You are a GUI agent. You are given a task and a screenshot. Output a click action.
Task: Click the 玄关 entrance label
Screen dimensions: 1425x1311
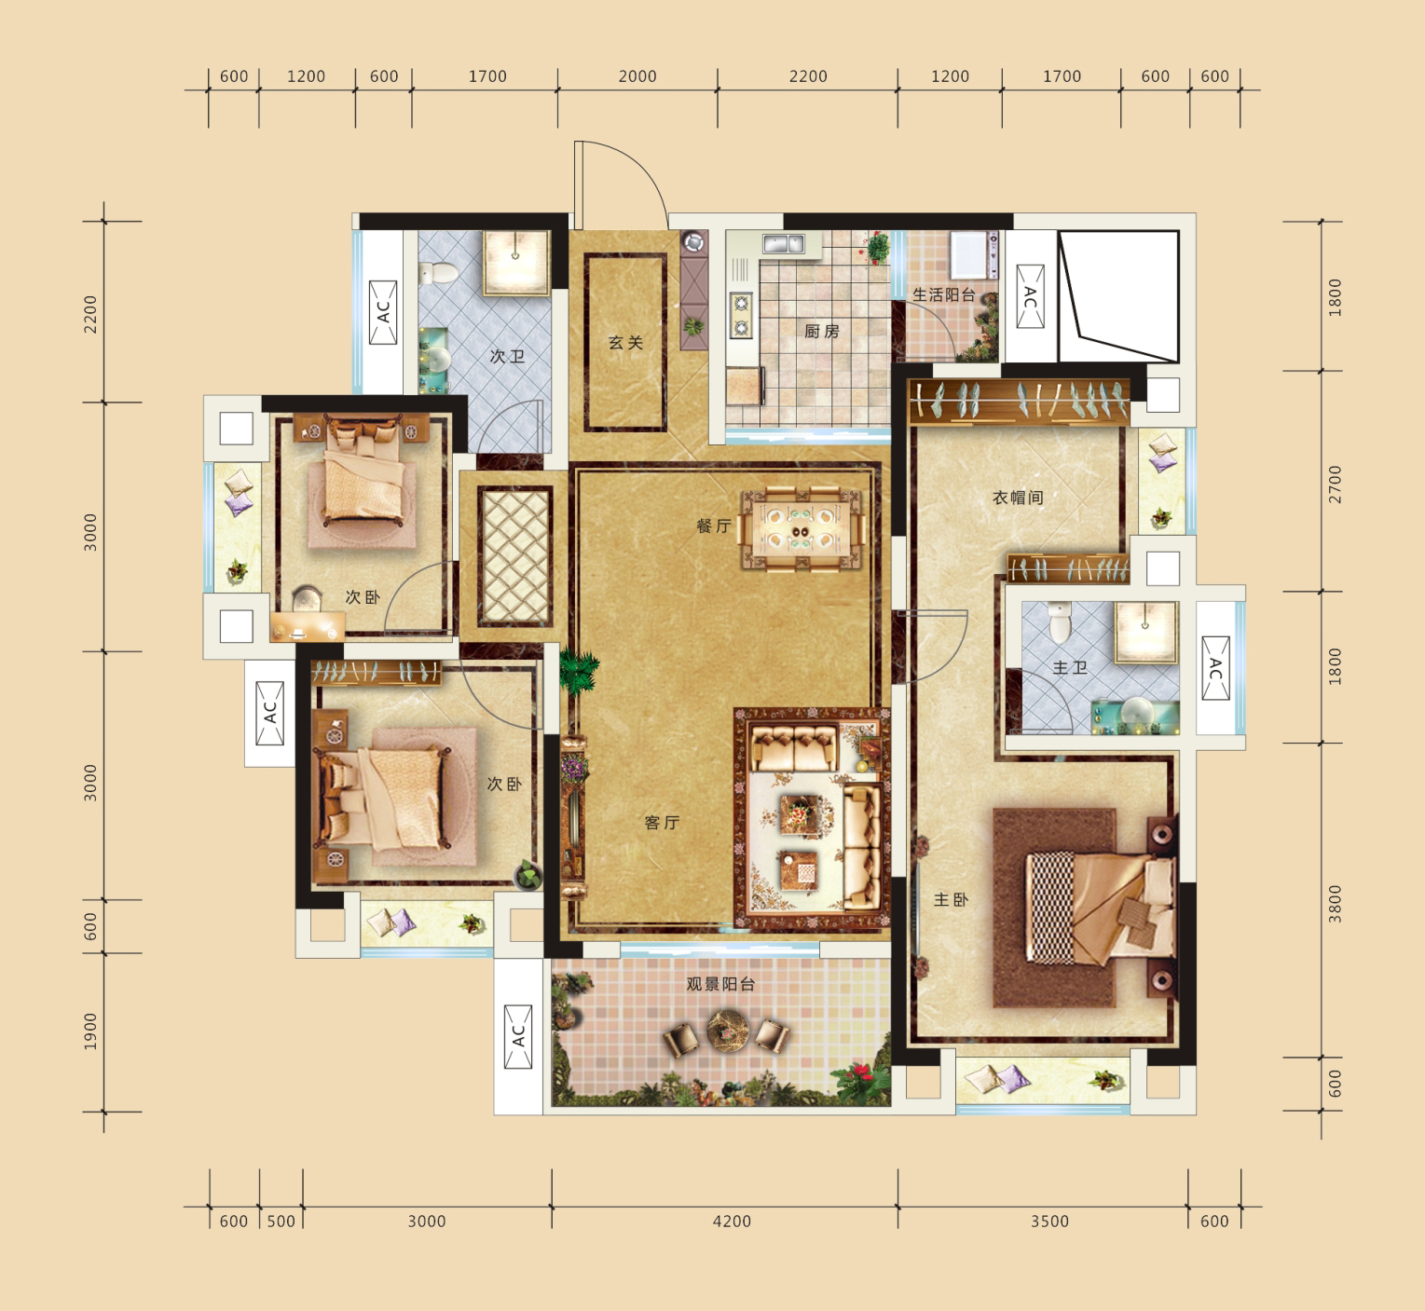point(626,343)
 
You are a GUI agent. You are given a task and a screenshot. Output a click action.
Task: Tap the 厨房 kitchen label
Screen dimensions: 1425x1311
point(822,332)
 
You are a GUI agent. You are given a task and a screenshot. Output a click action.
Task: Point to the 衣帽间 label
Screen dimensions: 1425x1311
point(1018,498)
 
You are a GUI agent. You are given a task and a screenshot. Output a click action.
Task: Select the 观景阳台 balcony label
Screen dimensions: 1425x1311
point(720,984)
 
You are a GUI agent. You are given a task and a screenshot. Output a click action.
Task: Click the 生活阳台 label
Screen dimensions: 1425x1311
point(943,294)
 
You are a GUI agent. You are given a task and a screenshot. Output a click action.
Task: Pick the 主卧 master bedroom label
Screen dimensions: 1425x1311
point(951,900)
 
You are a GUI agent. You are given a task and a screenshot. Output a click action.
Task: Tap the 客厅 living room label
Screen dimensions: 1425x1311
point(662,823)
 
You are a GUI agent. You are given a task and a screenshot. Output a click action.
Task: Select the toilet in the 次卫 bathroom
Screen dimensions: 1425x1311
point(437,273)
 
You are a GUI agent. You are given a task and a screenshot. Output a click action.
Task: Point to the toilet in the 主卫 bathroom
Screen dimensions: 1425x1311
point(1059,622)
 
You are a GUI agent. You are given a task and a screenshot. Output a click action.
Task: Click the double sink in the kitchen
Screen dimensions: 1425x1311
point(784,244)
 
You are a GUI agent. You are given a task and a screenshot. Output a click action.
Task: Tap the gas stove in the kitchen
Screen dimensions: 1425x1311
point(741,315)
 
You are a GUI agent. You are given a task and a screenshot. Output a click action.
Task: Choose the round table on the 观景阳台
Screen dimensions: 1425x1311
point(728,1030)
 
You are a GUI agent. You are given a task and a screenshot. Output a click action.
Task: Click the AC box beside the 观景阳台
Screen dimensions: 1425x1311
point(518,1037)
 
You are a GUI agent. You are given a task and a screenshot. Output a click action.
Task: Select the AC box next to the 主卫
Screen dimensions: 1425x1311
point(1215,668)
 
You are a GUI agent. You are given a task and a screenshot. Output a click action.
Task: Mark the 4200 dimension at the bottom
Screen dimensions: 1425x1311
point(732,1222)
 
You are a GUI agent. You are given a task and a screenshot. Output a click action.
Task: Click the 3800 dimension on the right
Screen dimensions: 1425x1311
point(1336,904)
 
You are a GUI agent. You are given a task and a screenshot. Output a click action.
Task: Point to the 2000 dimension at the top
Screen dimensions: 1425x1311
point(637,76)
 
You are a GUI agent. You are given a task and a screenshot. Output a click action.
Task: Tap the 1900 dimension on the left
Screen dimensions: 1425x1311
point(90,1031)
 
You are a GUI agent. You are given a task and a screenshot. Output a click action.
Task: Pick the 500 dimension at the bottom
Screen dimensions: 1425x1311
point(281,1222)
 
